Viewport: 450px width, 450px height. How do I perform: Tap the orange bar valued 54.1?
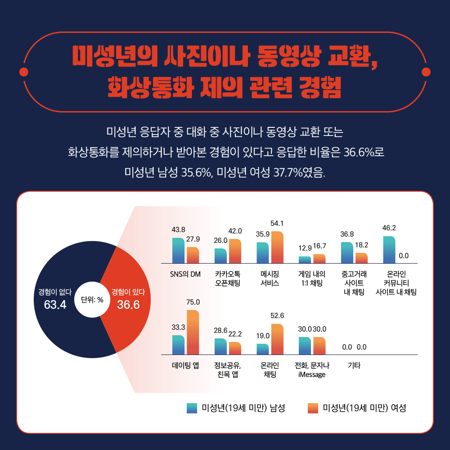[x=277, y=247]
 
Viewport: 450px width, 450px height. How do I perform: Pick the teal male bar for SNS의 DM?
[x=178, y=250]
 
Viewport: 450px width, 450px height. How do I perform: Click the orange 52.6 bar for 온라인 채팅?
[x=277, y=339]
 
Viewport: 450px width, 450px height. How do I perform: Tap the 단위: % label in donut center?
[x=92, y=300]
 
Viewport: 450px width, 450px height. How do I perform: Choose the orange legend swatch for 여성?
[x=313, y=408]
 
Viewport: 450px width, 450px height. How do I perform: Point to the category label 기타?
[x=354, y=365]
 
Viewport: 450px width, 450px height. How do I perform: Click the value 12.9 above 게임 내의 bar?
[x=305, y=248]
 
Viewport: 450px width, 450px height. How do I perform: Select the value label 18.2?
[x=361, y=245]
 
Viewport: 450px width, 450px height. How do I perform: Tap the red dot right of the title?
[x=425, y=72]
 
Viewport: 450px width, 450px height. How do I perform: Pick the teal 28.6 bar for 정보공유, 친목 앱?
[x=220, y=346]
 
